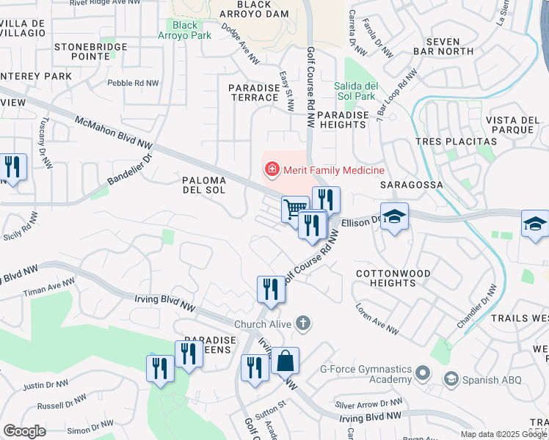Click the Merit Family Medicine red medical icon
[x=272, y=170]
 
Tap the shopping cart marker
[x=294, y=209]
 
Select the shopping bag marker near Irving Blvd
[x=286, y=361]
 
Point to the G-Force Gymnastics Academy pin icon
[x=421, y=374]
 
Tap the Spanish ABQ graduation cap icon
[x=451, y=379]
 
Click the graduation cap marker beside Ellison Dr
[x=394, y=216]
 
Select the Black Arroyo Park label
[x=186, y=30]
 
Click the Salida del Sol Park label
[x=355, y=91]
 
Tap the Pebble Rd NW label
[x=133, y=84]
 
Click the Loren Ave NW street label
[x=377, y=320]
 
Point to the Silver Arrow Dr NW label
[x=369, y=403]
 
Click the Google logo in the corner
[x=24, y=431]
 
